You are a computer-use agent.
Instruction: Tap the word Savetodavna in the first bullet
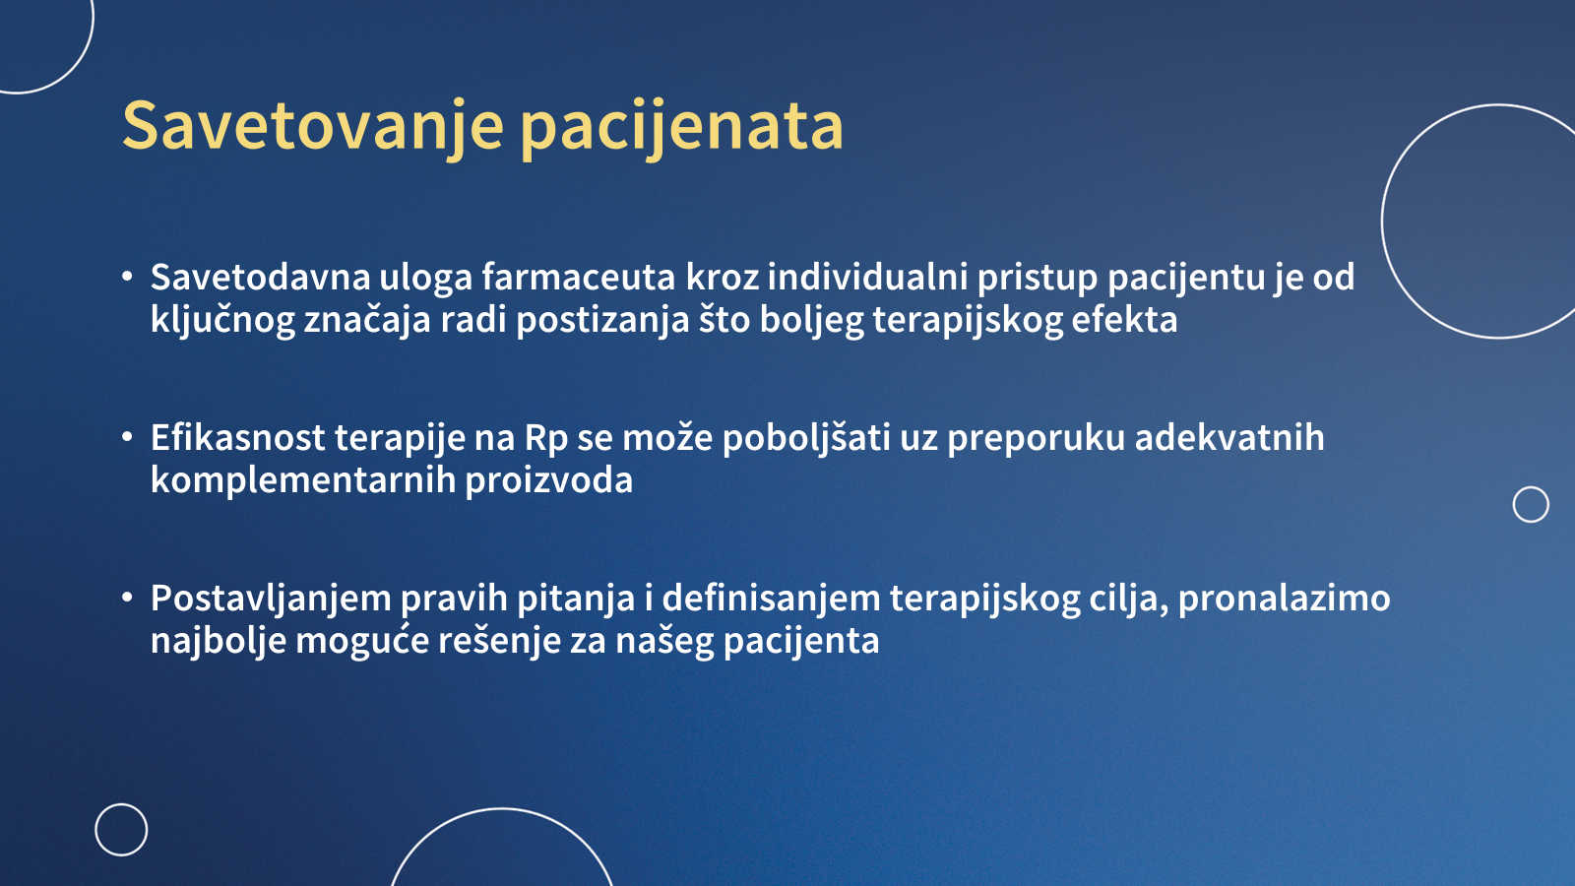pyautogui.click(x=260, y=277)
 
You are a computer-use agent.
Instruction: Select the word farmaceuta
pyautogui.click(x=578, y=277)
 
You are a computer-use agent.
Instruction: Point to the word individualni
pyautogui.click(x=867, y=277)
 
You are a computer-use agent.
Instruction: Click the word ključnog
pyautogui.click(x=222, y=321)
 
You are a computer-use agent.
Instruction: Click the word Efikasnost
pyautogui.click(x=237, y=437)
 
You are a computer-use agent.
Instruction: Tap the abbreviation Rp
pyautogui.click(x=546, y=439)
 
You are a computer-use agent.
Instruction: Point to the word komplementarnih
pyautogui.click(x=303, y=481)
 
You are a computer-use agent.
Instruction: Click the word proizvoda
pyautogui.click(x=549, y=481)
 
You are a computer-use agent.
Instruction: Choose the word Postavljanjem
pyautogui.click(x=271, y=600)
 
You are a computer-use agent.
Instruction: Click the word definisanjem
pyautogui.click(x=772, y=600)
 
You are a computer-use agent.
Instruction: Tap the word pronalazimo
pyautogui.click(x=1284, y=600)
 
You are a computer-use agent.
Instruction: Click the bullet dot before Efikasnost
pyautogui.click(x=127, y=437)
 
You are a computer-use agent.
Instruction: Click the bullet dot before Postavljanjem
pyautogui.click(x=127, y=598)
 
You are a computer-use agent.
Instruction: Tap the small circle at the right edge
pyautogui.click(x=1531, y=487)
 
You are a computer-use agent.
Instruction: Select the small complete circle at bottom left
pyautogui.click(x=121, y=804)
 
